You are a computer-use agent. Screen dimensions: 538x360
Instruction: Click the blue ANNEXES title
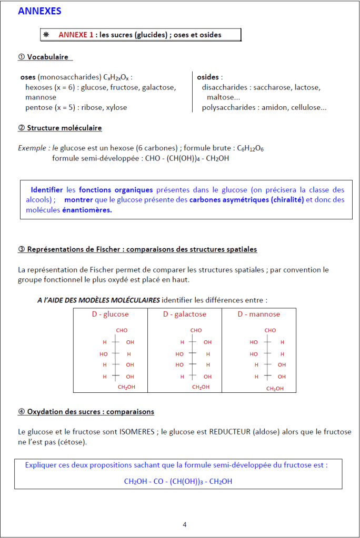39,11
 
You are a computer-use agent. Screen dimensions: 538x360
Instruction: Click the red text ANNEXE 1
76,35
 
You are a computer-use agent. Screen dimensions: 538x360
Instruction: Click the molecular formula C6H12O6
251,149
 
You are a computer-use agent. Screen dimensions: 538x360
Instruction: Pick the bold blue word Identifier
46,190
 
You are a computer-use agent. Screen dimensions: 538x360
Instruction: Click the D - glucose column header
110,314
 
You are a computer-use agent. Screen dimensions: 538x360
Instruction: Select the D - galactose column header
184,314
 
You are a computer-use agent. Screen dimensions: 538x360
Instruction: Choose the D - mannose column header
258,314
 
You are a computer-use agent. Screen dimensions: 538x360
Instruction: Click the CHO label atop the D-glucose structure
122,330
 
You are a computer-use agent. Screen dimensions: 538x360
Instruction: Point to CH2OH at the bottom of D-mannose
274,389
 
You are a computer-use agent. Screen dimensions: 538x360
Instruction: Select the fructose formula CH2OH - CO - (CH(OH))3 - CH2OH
178,481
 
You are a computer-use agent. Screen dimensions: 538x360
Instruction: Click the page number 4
184,524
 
